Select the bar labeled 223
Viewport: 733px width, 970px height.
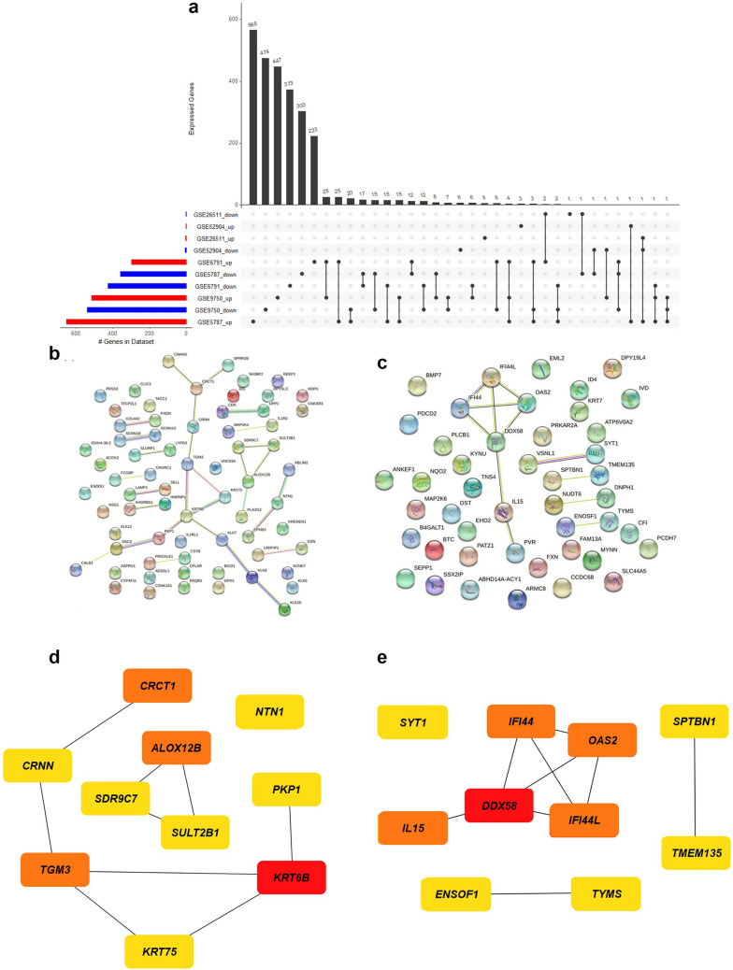(314, 170)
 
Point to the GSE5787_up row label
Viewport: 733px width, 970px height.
(212, 321)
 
